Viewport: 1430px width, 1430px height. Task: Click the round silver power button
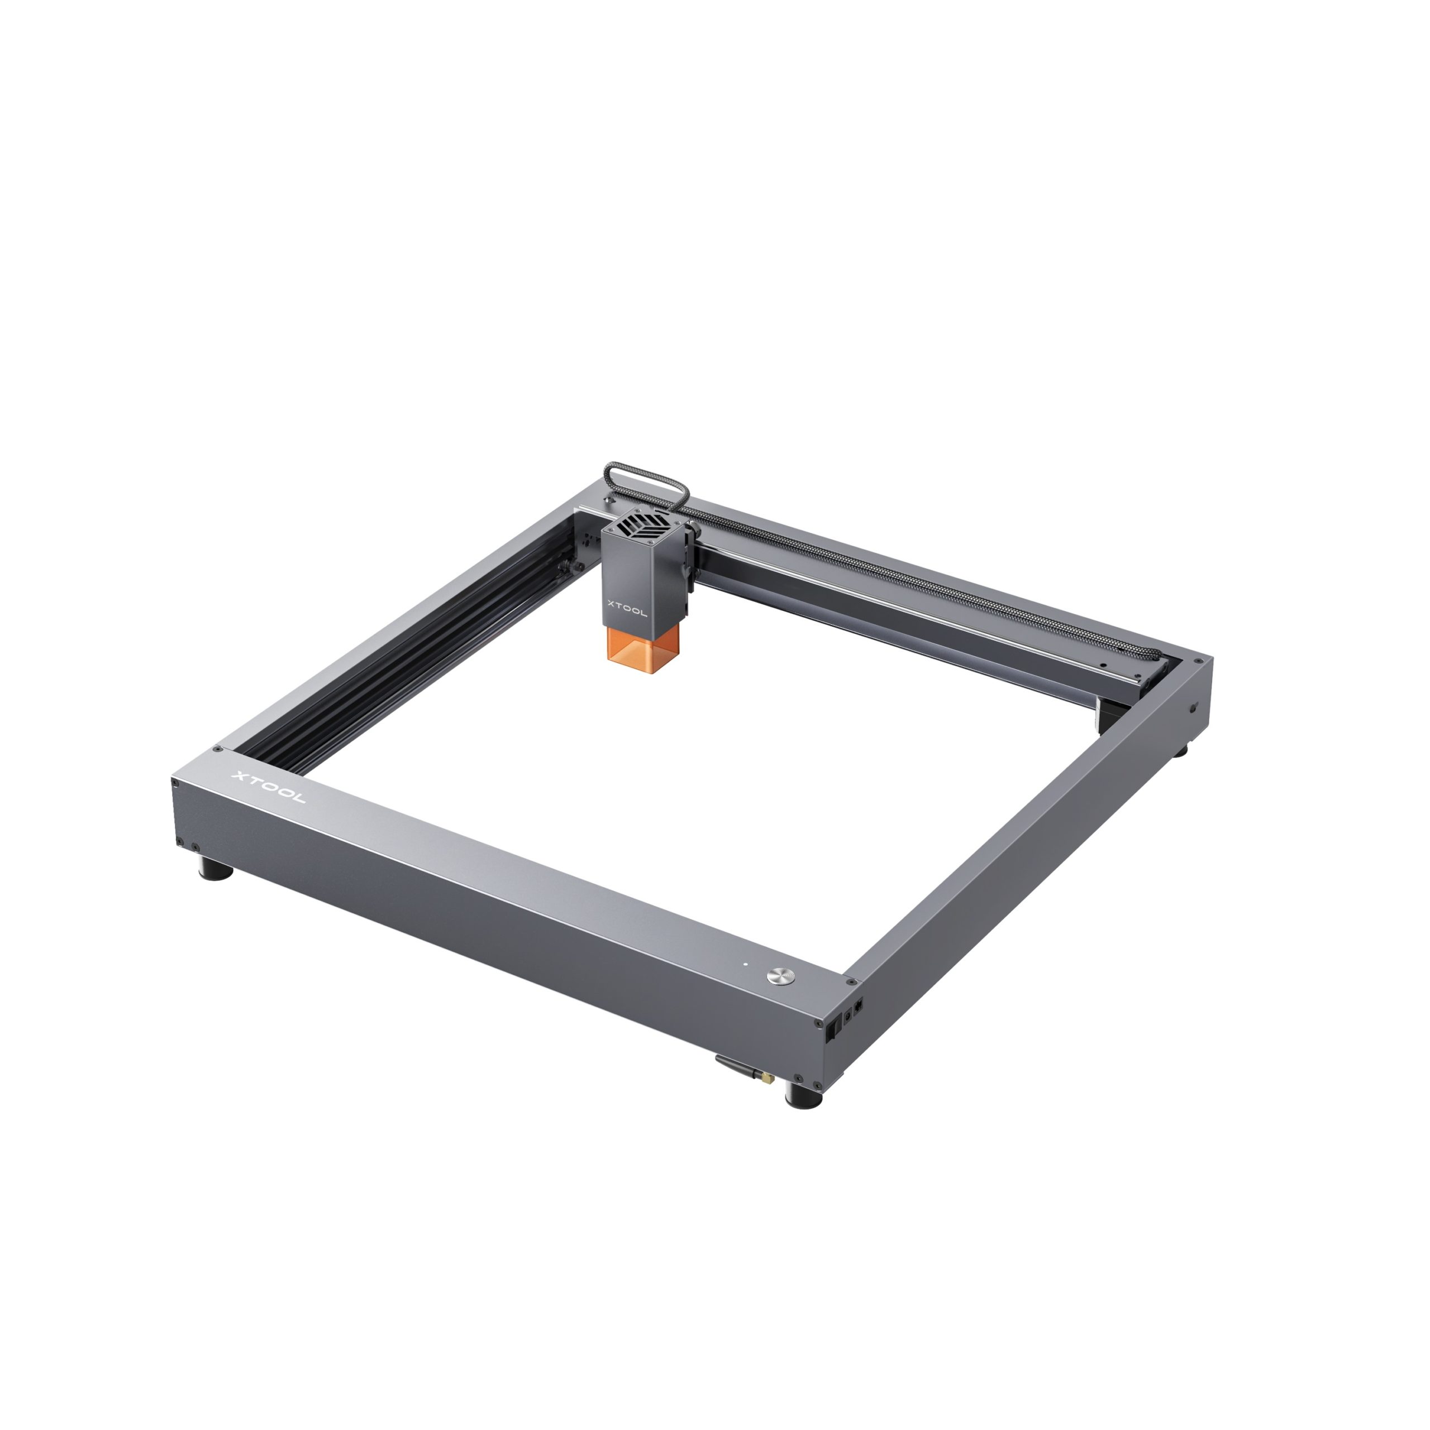point(779,975)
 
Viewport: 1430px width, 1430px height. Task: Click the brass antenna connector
point(768,1076)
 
